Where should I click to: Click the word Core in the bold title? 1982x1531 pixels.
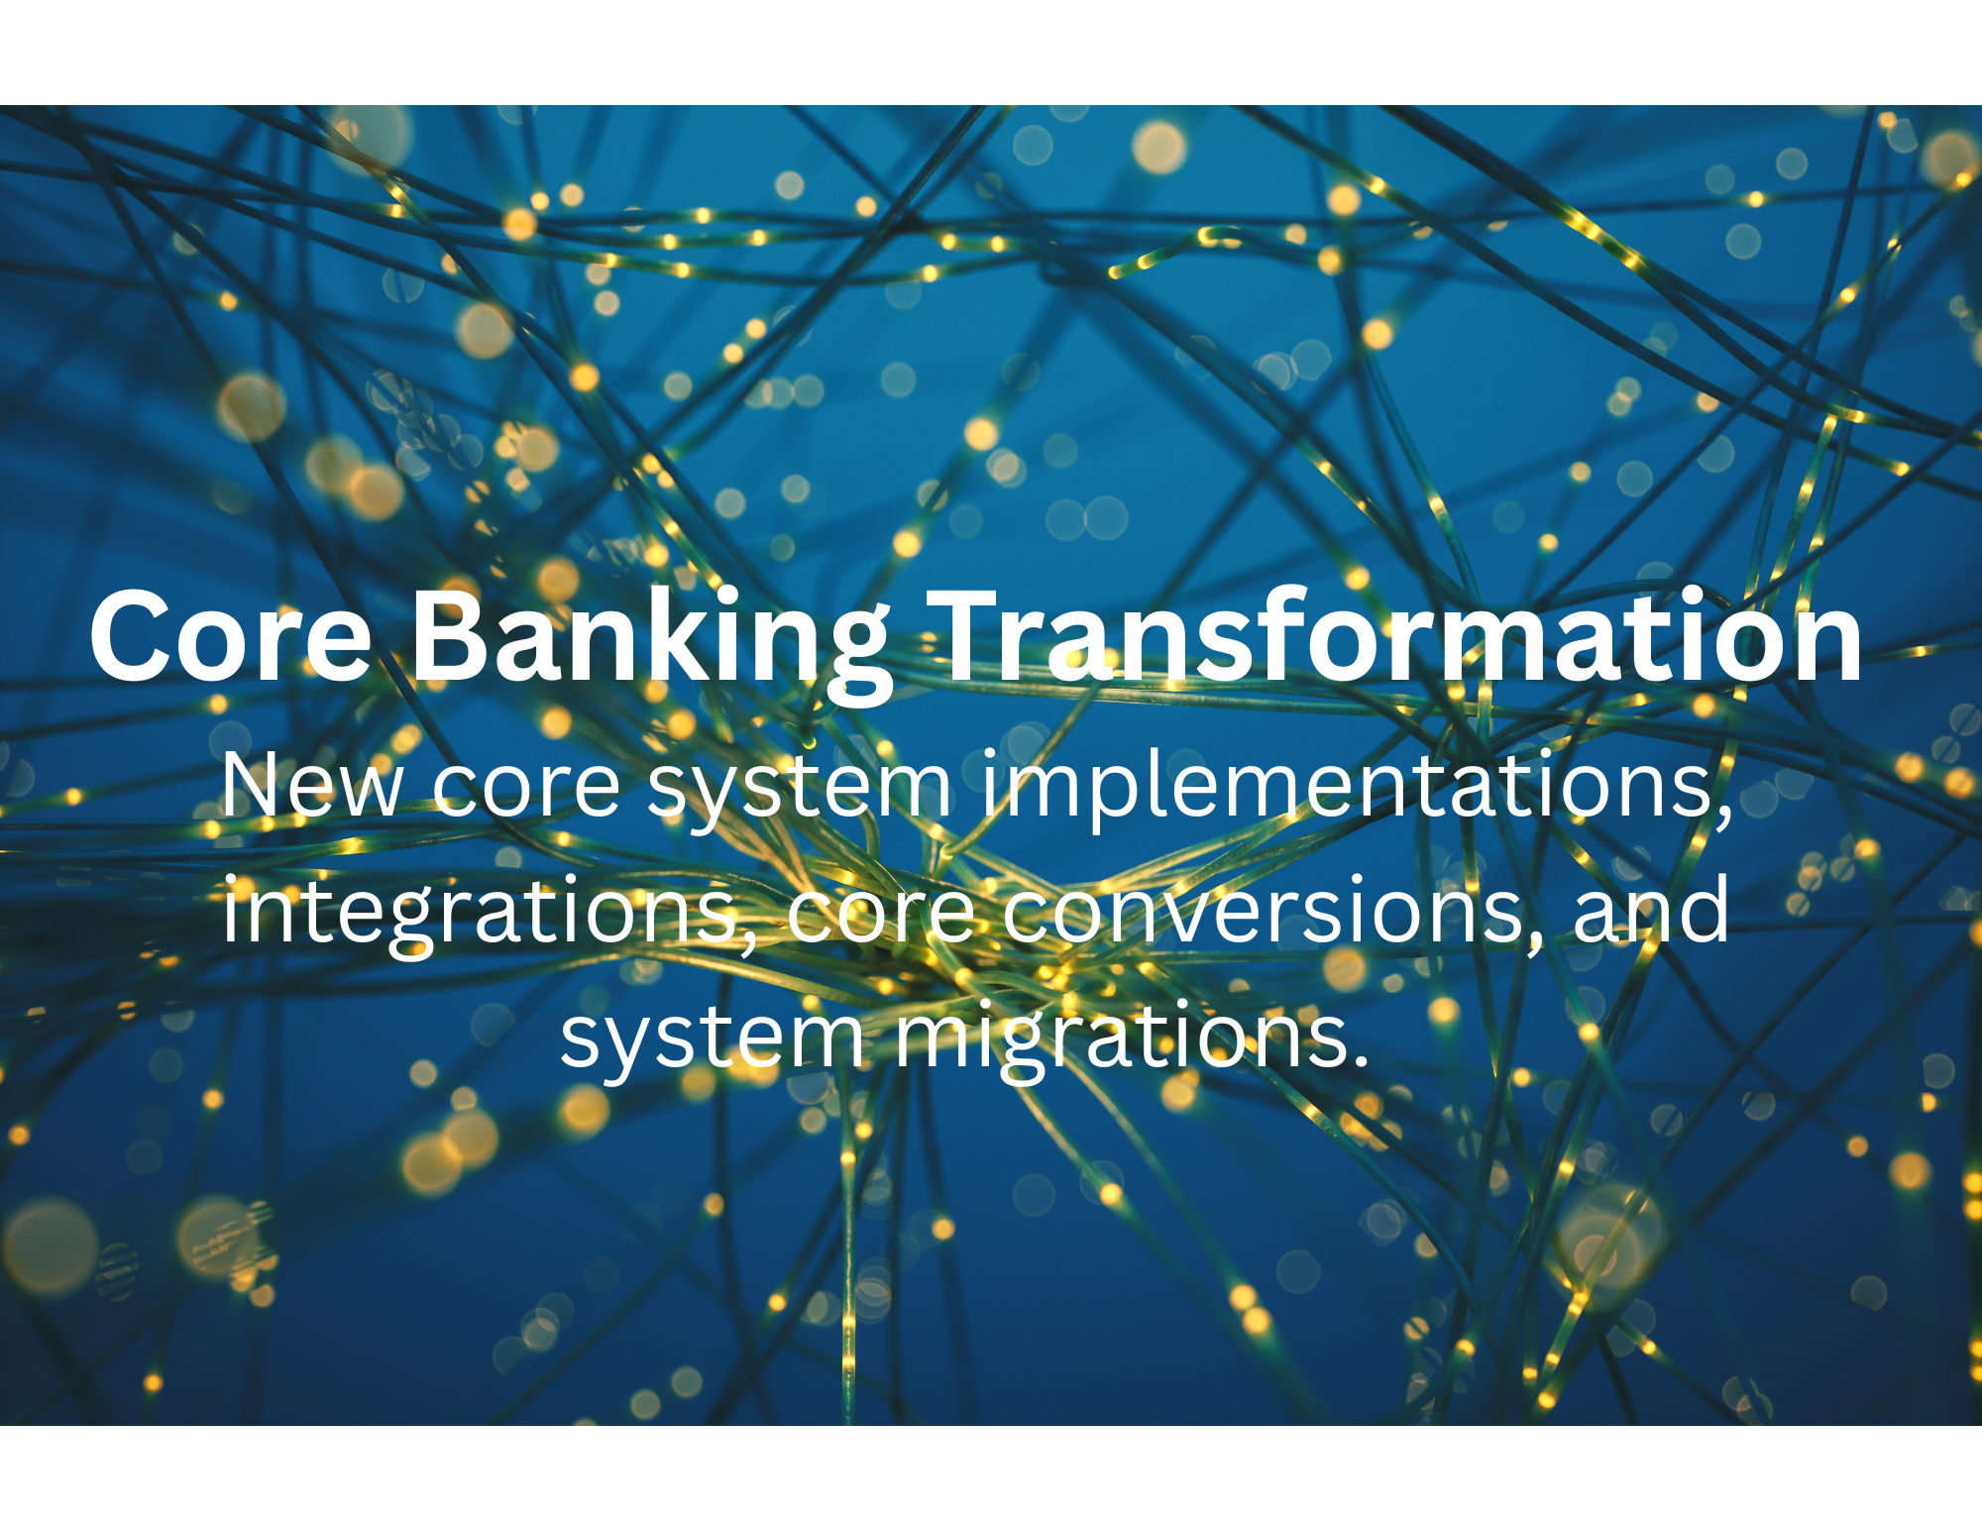(x=231, y=637)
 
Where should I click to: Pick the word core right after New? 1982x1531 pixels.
(x=526, y=791)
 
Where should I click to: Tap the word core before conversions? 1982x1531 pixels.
(x=881, y=916)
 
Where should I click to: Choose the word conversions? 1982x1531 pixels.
(x=1263, y=914)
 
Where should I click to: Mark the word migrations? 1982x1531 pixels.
(x=1116, y=1039)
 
